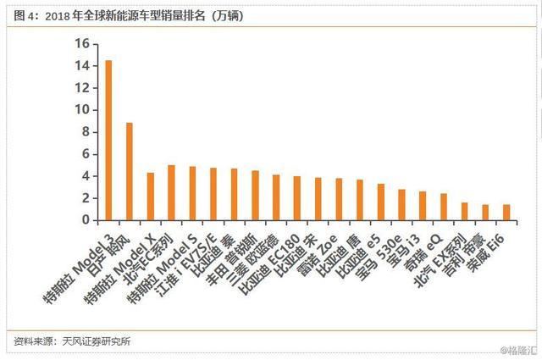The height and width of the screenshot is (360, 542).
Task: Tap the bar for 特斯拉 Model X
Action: [151, 196]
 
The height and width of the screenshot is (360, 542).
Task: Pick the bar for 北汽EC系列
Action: [172, 192]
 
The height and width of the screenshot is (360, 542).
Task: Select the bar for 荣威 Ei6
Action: [506, 212]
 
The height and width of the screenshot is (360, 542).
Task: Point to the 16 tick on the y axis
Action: [82, 44]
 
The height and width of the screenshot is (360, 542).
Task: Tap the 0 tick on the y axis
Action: [86, 220]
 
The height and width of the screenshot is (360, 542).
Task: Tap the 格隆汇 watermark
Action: [517, 350]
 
